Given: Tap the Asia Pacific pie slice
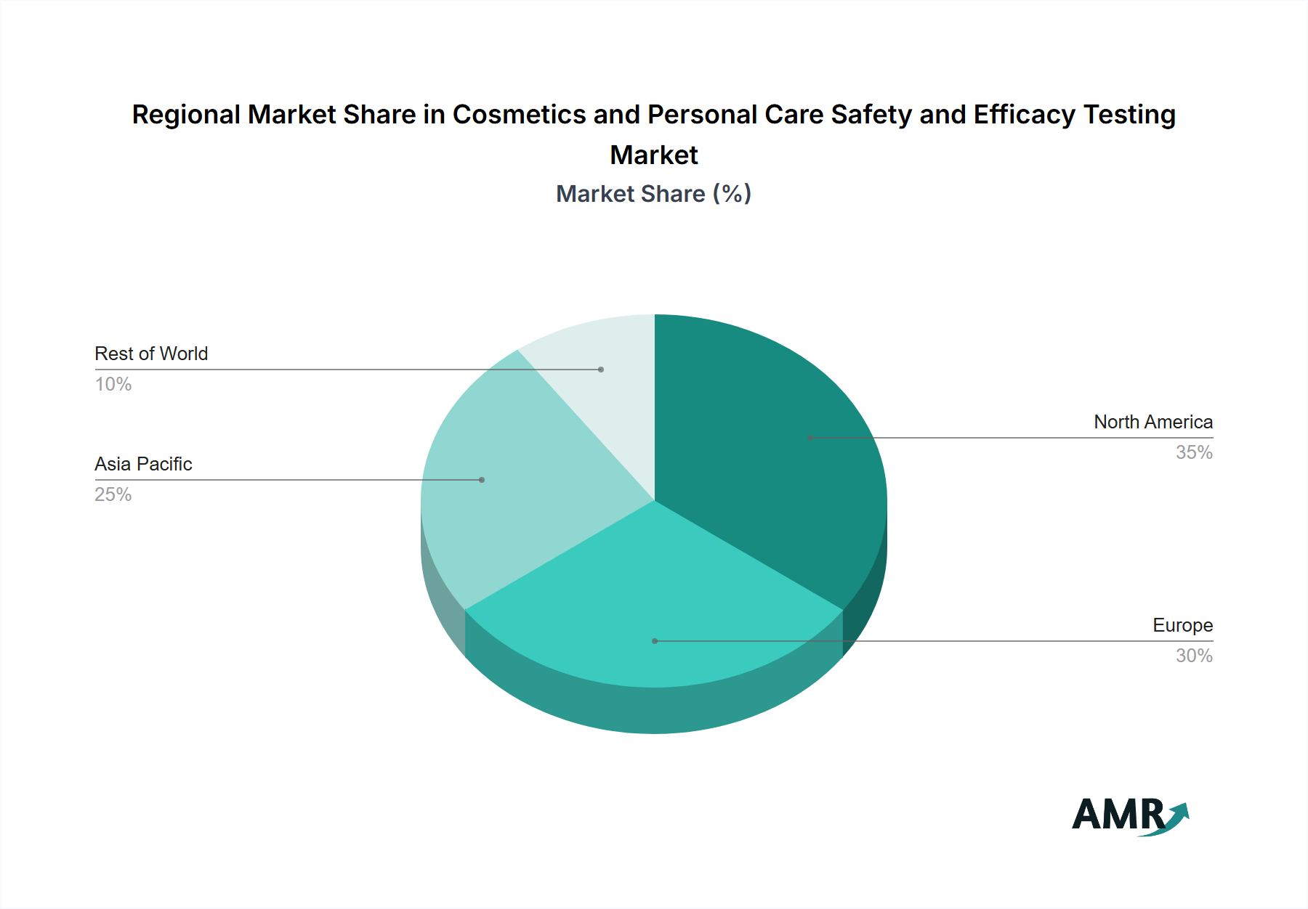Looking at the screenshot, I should click(501, 494).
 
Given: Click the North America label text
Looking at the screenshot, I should click(1152, 422).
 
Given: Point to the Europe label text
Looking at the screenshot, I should click(1182, 625).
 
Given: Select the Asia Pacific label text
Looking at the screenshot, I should click(143, 464).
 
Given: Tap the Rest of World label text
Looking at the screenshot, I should click(151, 354).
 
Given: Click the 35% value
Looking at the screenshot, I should click(1194, 452).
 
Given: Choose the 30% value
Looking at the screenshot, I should click(1194, 656).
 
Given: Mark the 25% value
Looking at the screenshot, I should click(113, 494).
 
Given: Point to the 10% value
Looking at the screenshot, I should click(113, 384).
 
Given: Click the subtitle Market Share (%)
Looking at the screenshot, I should click(653, 194).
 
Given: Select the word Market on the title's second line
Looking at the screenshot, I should click(653, 155).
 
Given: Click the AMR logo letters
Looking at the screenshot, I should click(1118, 815).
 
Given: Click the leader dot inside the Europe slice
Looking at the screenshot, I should click(655, 641).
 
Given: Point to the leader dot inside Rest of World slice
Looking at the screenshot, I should click(601, 370).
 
